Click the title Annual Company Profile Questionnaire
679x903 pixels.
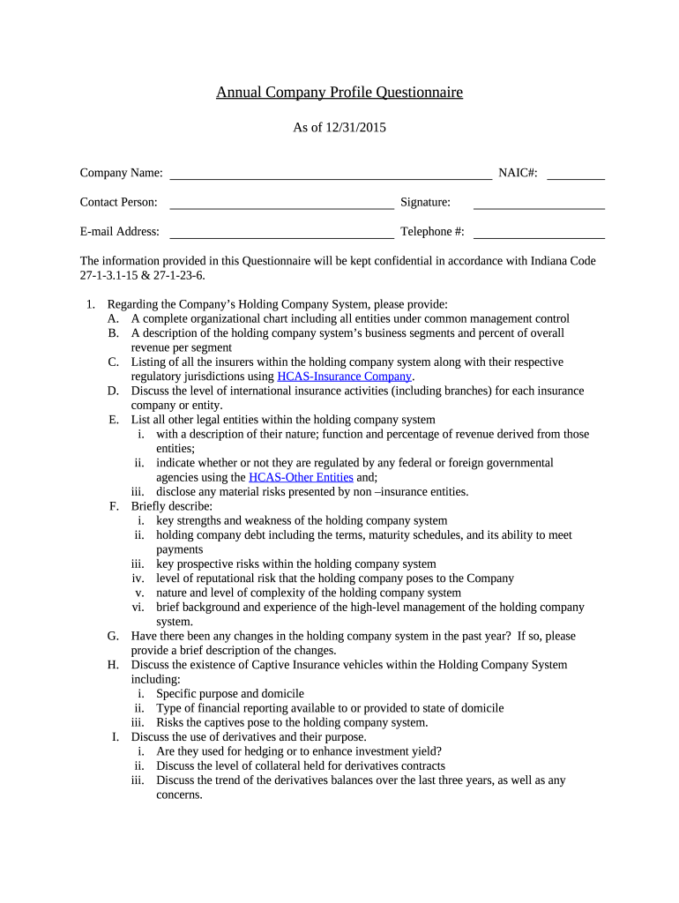(x=339, y=92)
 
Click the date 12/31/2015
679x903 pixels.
(x=356, y=128)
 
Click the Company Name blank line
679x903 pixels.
(x=331, y=176)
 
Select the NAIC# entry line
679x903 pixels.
(x=576, y=176)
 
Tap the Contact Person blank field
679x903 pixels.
(x=281, y=206)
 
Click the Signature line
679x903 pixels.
(x=539, y=206)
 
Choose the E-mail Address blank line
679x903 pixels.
(x=281, y=236)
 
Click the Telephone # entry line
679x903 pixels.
(x=539, y=236)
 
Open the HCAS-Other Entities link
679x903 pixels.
(x=301, y=477)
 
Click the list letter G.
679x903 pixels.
(x=113, y=636)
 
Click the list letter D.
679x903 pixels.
(x=113, y=391)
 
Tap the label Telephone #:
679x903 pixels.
(x=432, y=232)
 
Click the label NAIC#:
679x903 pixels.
(x=518, y=172)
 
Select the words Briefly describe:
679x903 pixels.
(x=172, y=506)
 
